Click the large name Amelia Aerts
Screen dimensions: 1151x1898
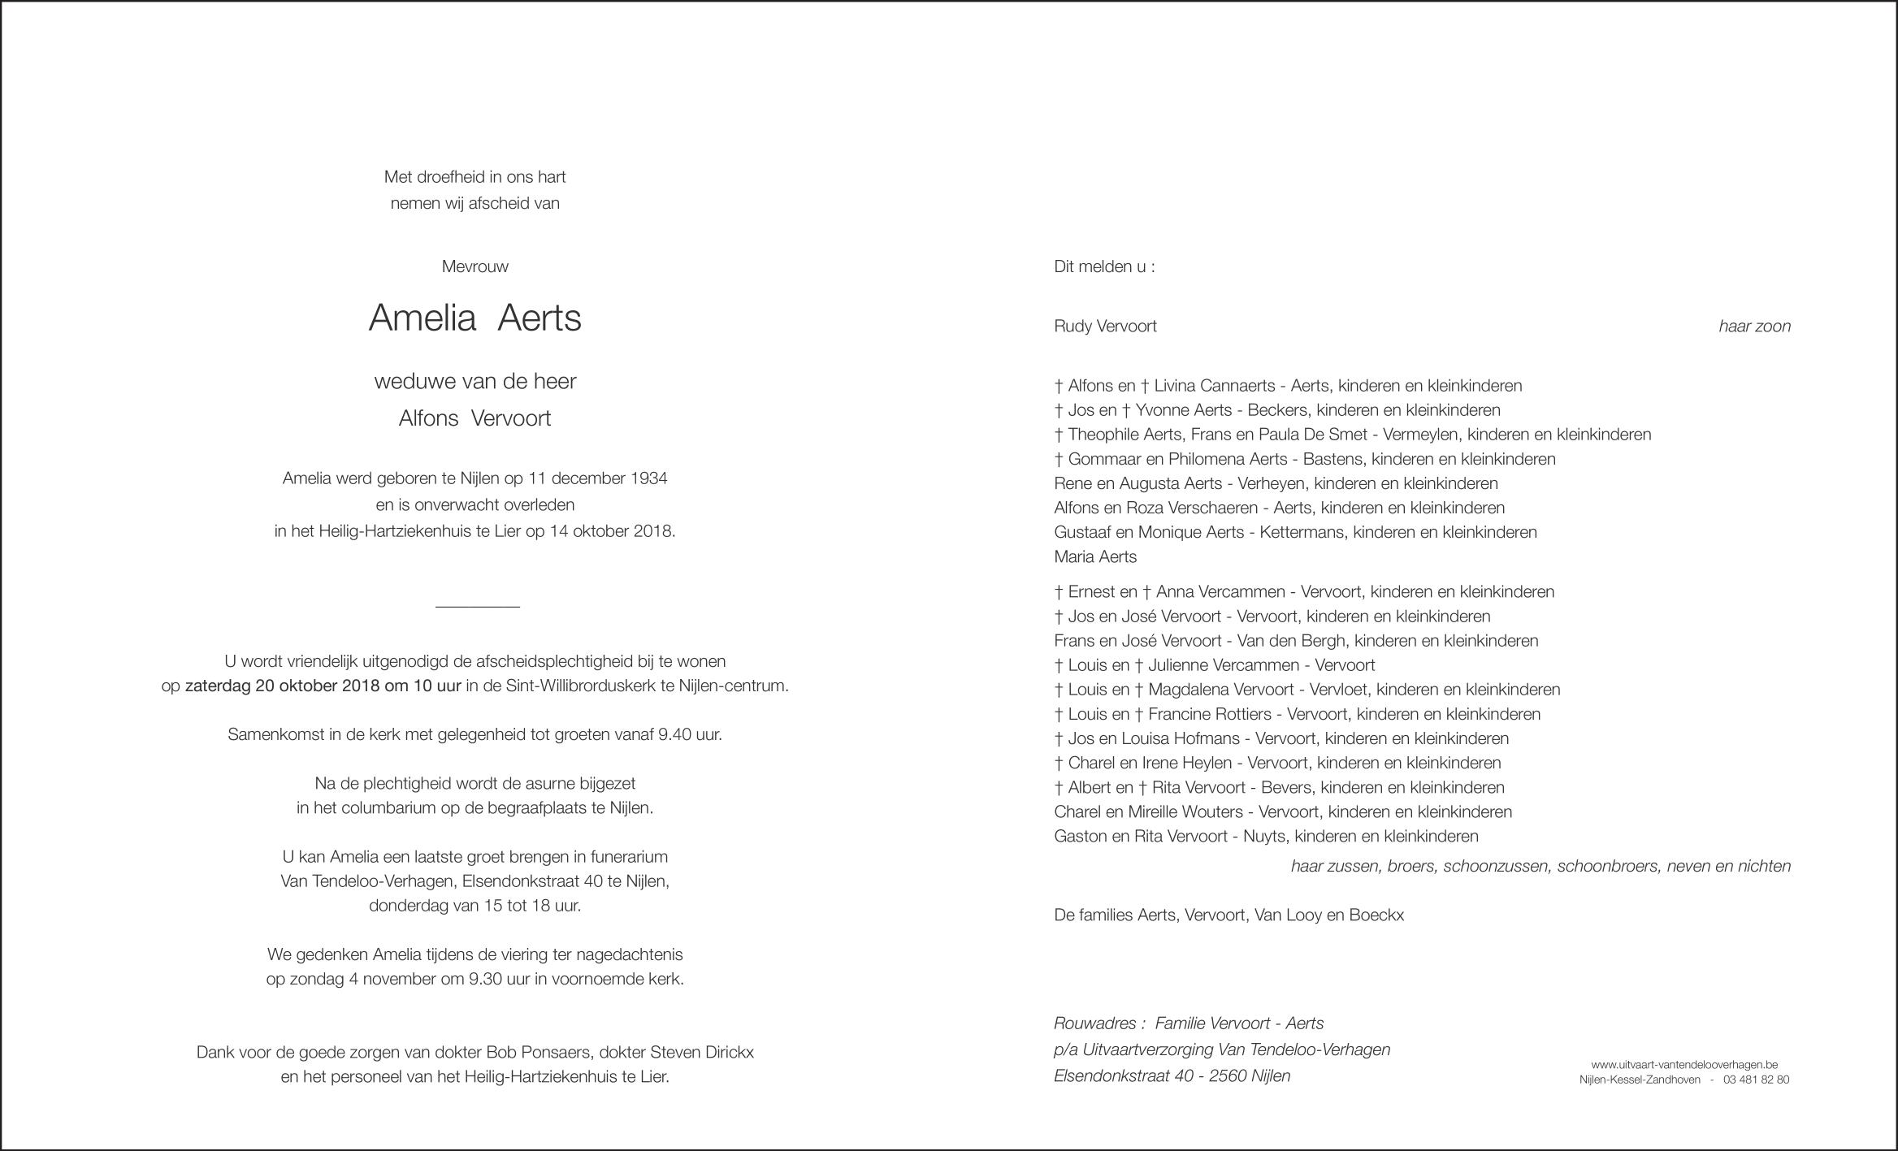[x=474, y=318]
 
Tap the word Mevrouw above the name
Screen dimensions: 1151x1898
[x=474, y=266]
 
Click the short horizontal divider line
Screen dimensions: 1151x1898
[x=477, y=607]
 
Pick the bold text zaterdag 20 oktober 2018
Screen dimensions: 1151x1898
[x=282, y=686]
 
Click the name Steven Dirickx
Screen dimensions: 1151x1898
[x=702, y=1053]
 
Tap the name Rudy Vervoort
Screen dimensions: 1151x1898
[x=1105, y=327]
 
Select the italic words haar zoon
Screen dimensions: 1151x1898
[x=1754, y=327]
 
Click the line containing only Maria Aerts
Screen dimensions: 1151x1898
[x=1094, y=557]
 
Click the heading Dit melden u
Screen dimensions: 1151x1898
[x=1103, y=266]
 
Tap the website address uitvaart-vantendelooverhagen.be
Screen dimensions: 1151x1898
[x=1684, y=1064]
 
